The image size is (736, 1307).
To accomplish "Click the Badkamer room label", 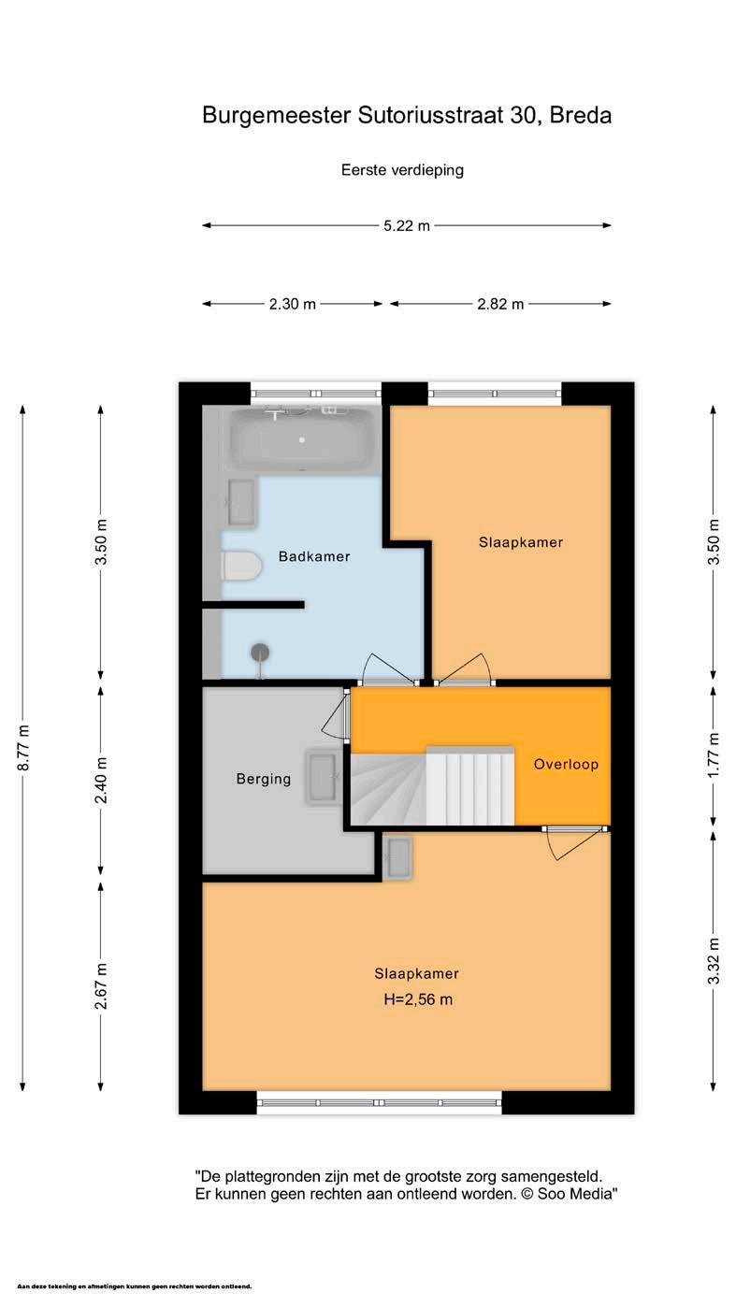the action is tap(314, 556).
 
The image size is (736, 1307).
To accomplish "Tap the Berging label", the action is tap(263, 779).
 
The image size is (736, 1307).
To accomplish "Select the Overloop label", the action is tap(566, 764).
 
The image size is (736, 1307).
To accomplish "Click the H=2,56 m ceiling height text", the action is tap(418, 999).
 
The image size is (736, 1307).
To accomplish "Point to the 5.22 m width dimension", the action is tap(406, 226).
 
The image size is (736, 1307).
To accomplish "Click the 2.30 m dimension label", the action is tap(292, 304).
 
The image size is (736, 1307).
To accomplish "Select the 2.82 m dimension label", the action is tap(500, 304).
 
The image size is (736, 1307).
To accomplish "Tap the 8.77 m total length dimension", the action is tap(23, 747).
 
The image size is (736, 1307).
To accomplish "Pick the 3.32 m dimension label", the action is tap(714, 961).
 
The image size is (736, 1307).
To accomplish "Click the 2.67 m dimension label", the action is tap(101, 986).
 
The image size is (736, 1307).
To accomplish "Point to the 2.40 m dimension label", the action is tap(101, 780).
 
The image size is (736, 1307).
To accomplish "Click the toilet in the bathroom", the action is tap(240, 566).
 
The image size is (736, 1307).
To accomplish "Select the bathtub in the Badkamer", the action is tap(302, 440).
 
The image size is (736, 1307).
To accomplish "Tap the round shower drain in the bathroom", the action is tap(260, 653).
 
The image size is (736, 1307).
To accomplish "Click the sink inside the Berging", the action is tap(323, 777).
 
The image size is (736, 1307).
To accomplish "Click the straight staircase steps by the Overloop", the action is tap(469, 785).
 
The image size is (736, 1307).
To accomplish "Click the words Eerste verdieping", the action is tap(402, 170).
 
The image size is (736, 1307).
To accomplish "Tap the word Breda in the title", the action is tap(580, 116).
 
